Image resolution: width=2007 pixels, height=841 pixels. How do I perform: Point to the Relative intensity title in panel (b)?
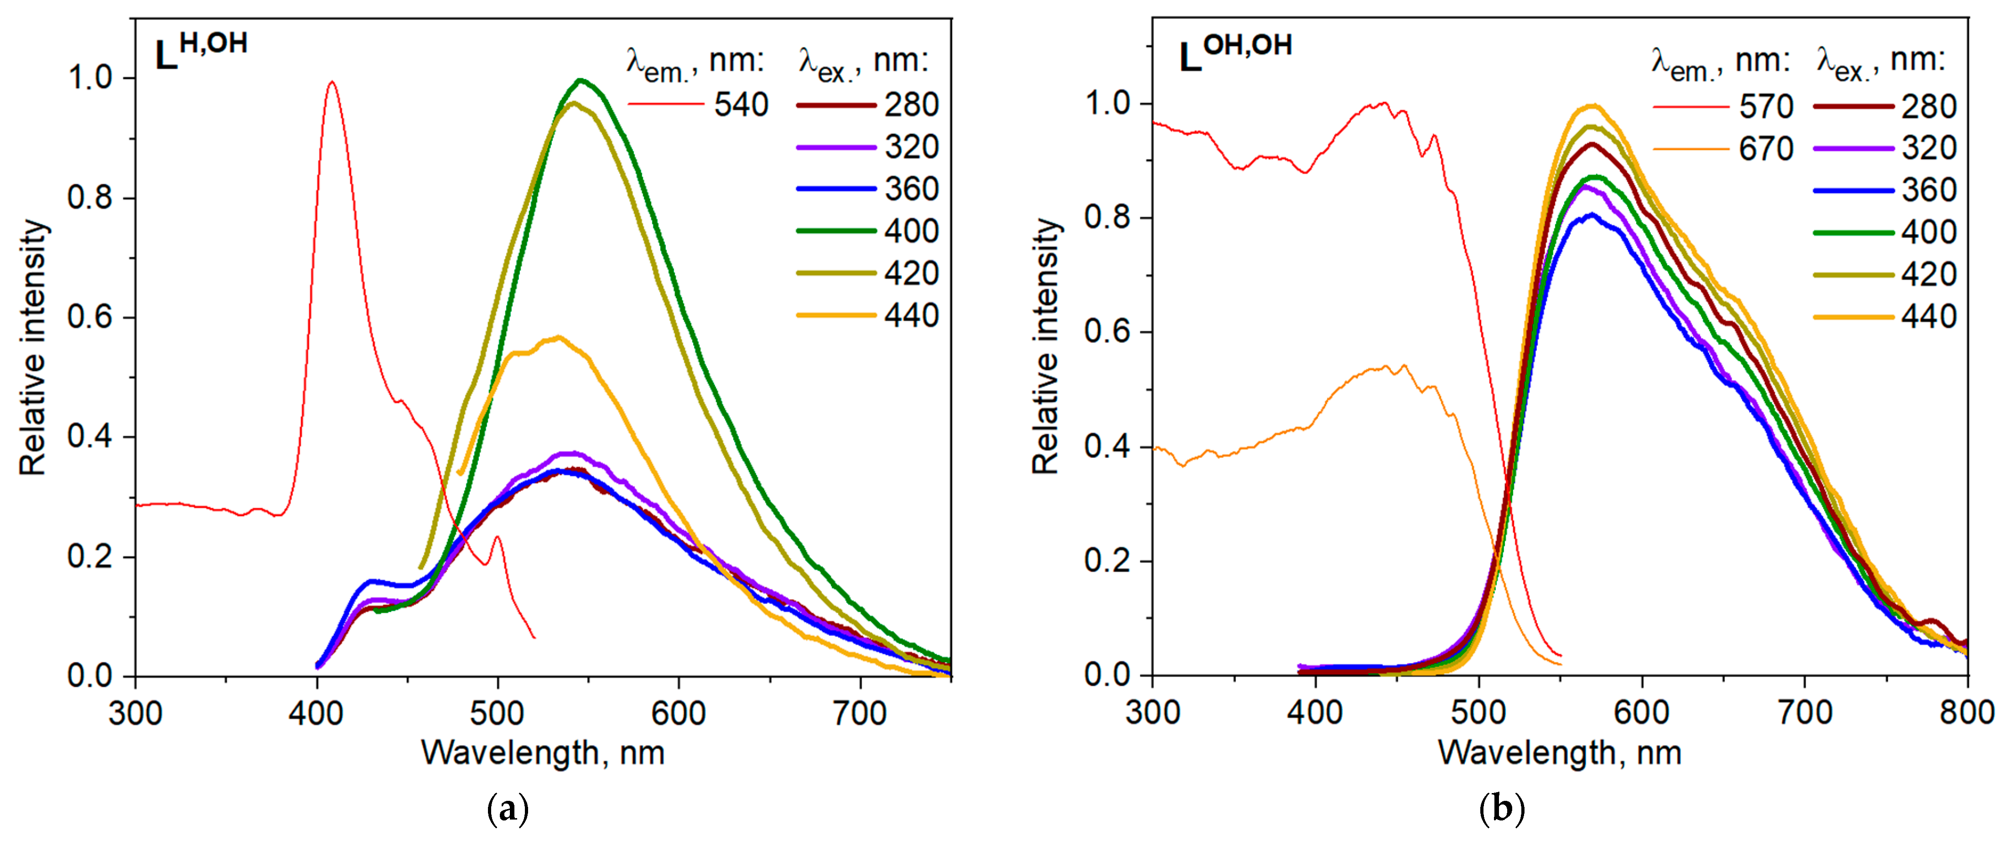(1046, 347)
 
